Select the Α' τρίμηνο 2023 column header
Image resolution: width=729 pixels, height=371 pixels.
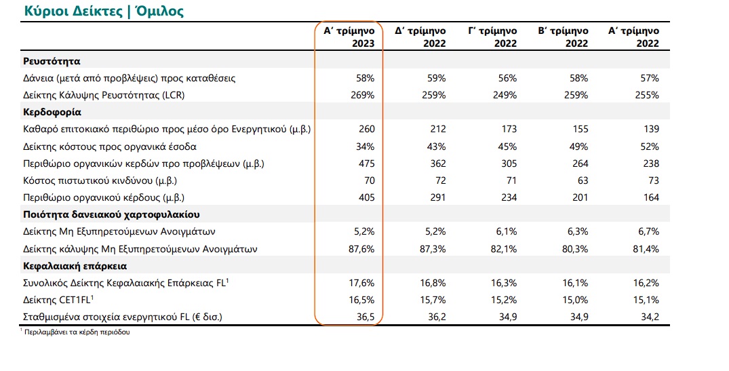pos(349,37)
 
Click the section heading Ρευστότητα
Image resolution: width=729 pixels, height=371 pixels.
pos(52,61)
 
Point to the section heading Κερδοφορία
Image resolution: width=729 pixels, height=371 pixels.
pos(52,113)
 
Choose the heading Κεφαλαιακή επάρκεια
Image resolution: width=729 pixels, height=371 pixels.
pos(75,267)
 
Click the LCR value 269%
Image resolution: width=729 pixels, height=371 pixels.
pos(362,96)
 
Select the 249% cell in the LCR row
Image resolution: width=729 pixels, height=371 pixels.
pos(504,96)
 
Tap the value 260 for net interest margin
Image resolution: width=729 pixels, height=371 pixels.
pos(366,130)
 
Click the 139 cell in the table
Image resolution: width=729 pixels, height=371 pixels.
pos(651,130)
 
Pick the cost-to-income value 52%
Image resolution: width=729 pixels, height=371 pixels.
pos(649,147)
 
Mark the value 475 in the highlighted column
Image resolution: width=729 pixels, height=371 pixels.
pos(366,163)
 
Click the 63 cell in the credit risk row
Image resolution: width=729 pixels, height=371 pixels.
pos(583,181)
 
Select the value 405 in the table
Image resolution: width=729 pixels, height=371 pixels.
pos(366,197)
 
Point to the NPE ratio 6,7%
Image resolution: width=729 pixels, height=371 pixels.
pos(646,232)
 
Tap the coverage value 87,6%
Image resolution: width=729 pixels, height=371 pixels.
pos(361,249)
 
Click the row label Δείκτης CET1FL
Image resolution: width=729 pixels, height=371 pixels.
pos(58,300)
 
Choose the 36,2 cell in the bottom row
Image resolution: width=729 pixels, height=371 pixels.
pos(437,317)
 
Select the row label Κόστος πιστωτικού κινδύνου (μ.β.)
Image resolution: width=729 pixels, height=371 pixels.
pos(100,181)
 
